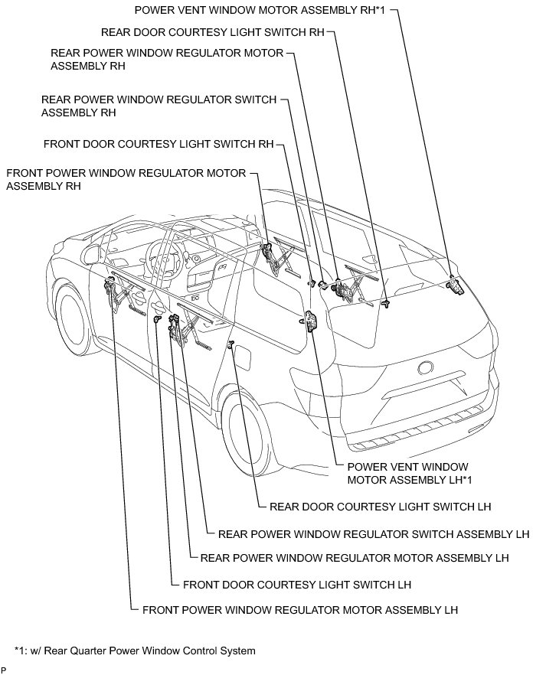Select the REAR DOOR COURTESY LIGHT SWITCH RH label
(x=213, y=33)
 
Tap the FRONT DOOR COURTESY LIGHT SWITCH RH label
(x=159, y=143)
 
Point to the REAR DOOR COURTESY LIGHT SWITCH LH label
(x=380, y=507)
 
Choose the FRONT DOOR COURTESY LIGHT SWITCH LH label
(x=297, y=585)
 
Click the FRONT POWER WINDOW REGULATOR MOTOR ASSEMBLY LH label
(x=299, y=610)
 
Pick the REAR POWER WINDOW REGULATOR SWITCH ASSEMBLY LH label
(x=374, y=534)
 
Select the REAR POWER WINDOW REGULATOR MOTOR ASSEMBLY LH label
(x=354, y=559)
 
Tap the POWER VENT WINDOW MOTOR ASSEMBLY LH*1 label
(x=407, y=473)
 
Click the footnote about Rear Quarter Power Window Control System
(x=134, y=651)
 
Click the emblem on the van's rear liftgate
(x=426, y=367)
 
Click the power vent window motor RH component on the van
(x=455, y=285)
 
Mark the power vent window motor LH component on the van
(x=311, y=321)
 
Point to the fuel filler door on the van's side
(x=247, y=359)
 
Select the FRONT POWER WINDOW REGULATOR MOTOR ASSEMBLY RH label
(x=126, y=179)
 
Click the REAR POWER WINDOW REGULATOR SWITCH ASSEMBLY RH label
(x=159, y=106)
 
